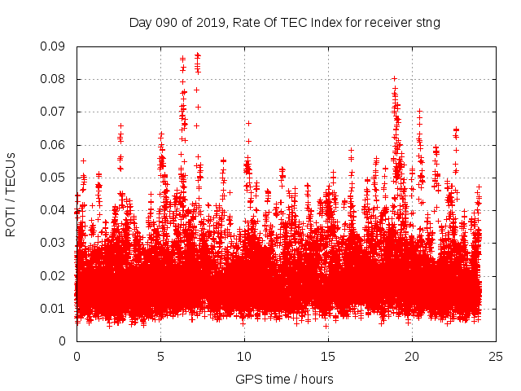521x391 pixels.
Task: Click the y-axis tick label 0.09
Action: point(54,46)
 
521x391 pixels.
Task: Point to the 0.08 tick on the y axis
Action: point(54,79)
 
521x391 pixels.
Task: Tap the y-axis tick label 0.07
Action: point(54,112)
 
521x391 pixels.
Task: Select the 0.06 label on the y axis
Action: point(54,145)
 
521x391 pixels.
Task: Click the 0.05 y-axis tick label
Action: point(54,178)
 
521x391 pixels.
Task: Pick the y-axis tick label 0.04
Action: point(54,210)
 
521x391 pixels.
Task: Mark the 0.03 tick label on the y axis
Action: point(54,243)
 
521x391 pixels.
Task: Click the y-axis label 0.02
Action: point(54,275)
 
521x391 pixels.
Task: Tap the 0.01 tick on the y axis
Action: point(54,308)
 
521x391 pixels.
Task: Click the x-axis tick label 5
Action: point(160,357)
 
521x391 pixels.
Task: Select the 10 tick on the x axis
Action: point(244,357)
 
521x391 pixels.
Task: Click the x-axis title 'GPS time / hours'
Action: point(284,379)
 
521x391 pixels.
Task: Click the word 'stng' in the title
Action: point(427,23)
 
